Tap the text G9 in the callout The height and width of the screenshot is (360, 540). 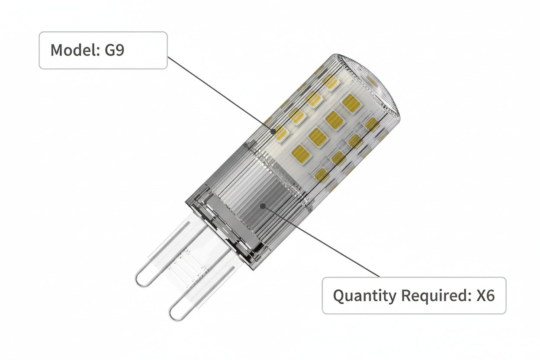114,50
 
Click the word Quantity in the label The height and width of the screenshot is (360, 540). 364,296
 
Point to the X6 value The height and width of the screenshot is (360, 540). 485,296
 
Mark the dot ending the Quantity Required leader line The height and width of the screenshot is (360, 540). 263,206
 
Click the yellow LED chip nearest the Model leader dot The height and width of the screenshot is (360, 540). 281,133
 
